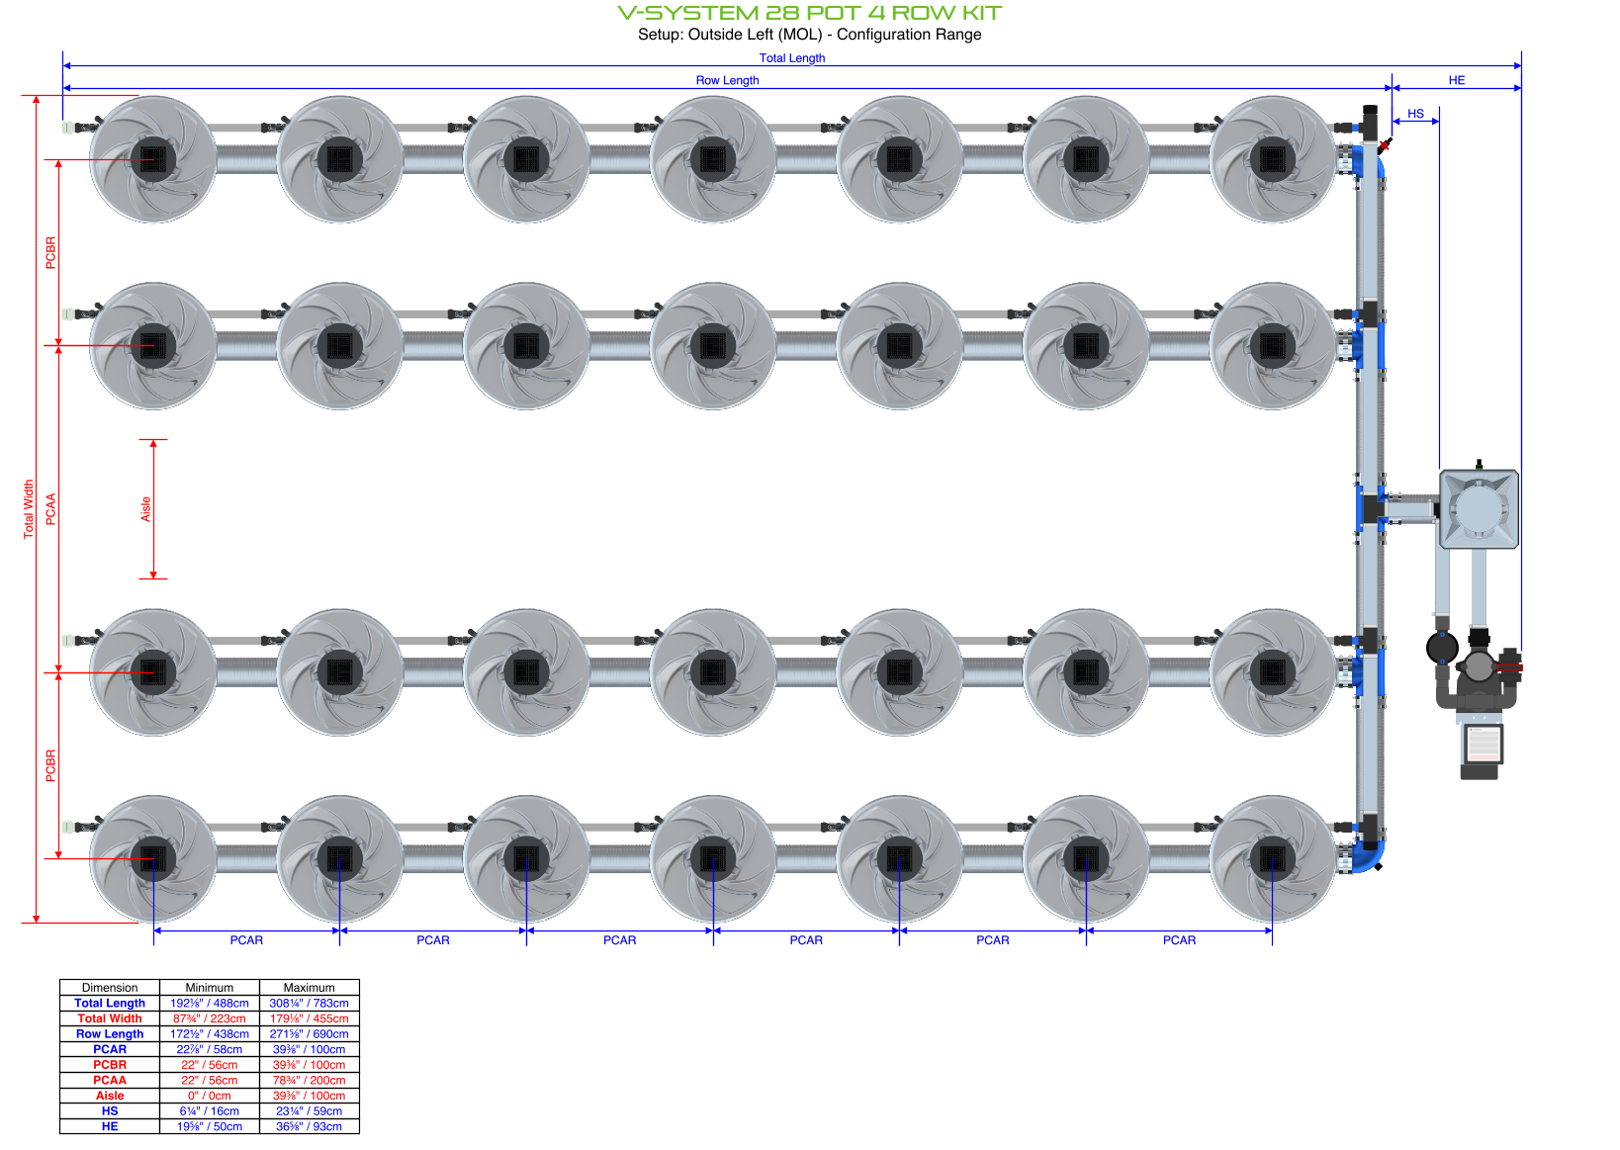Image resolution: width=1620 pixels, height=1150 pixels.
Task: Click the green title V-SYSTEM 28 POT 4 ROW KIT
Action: click(x=809, y=13)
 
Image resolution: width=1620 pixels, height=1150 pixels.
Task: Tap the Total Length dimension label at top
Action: click(x=791, y=58)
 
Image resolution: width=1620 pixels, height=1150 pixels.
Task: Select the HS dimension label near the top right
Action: click(x=1415, y=114)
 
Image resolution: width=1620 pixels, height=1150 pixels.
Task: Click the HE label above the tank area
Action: click(x=1456, y=80)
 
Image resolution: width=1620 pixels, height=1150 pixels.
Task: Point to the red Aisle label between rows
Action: click(x=145, y=509)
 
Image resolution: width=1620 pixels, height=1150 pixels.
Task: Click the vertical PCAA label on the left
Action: click(x=51, y=508)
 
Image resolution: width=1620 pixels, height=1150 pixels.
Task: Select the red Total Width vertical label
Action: click(x=29, y=508)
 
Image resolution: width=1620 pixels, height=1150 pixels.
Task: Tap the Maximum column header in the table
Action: click(x=309, y=988)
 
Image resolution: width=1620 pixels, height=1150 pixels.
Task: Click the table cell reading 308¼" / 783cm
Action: click(x=309, y=1003)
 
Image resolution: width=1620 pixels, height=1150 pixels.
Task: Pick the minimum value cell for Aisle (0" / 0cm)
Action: click(x=209, y=1096)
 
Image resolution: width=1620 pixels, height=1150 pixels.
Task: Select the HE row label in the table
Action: click(x=110, y=1126)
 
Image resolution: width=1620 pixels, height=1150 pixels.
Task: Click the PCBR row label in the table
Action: click(x=110, y=1065)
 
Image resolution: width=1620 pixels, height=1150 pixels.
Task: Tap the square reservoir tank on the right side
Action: click(x=1479, y=509)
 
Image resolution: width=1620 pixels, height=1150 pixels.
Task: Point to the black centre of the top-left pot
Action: click(x=153, y=159)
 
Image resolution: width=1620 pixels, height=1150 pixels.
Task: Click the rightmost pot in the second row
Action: click(x=1272, y=346)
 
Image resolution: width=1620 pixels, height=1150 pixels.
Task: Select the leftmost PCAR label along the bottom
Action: click(x=246, y=940)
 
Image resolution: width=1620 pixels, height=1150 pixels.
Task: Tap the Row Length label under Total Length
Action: click(x=727, y=81)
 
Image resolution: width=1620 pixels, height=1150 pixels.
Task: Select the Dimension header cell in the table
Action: click(x=110, y=988)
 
